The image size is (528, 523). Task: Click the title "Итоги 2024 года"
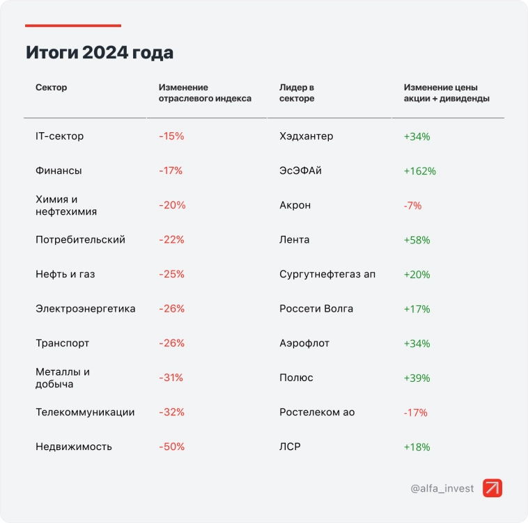point(100,53)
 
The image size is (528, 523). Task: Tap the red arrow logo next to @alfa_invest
point(492,488)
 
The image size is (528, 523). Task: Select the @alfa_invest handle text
point(442,488)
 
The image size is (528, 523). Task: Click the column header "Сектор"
point(52,88)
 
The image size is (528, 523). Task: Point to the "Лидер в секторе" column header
point(297,93)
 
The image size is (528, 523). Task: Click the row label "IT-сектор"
point(60,136)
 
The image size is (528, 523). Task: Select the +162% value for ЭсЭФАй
point(419,171)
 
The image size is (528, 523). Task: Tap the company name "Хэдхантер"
point(306,136)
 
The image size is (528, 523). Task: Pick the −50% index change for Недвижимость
point(171,446)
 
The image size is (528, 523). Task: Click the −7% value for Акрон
point(412,206)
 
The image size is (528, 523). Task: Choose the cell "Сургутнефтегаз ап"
point(327,274)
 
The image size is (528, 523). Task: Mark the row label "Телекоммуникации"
point(85,412)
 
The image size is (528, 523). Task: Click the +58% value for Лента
point(417,240)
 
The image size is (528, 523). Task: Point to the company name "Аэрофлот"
point(304,344)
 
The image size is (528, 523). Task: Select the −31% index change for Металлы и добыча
point(171,378)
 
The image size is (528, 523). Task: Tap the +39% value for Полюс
point(417,378)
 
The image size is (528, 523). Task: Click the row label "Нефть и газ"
point(65,274)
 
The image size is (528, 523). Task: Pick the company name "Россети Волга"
point(316,309)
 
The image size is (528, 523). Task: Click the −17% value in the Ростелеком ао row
point(415,412)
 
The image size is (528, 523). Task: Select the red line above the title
point(73,26)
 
